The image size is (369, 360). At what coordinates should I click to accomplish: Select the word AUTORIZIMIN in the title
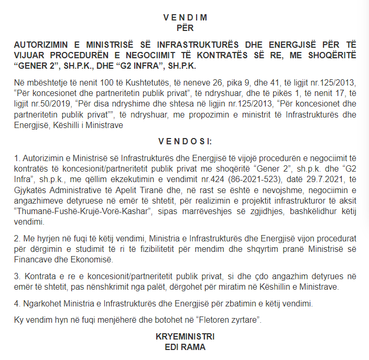click(40, 45)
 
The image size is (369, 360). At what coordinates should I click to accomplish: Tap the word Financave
click(34, 260)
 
